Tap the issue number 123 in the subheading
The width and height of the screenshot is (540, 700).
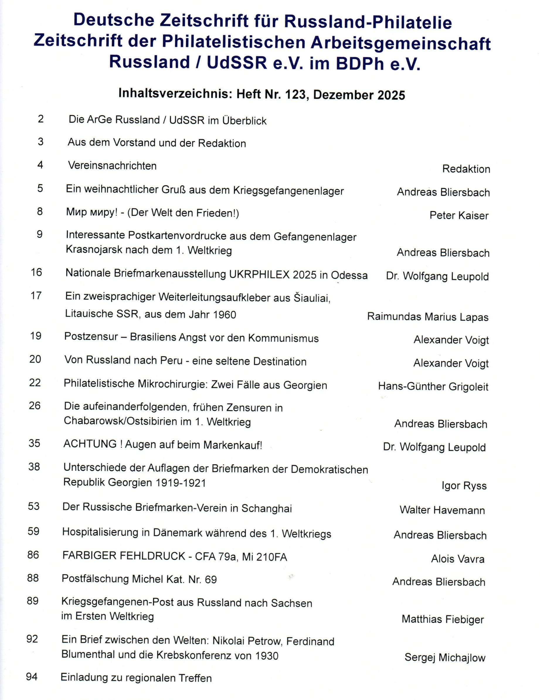pyautogui.click(x=292, y=95)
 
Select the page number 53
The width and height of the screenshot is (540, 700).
pyautogui.click(x=34, y=506)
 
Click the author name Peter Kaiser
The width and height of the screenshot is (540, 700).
pyautogui.click(x=459, y=215)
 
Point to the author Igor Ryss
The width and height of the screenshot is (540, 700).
pyautogui.click(x=464, y=486)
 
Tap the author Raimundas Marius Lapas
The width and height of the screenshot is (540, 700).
pyautogui.click(x=428, y=317)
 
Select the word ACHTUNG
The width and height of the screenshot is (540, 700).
pyautogui.click(x=90, y=444)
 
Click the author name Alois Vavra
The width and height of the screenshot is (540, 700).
pyautogui.click(x=458, y=559)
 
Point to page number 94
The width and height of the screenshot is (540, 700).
pyautogui.click(x=32, y=677)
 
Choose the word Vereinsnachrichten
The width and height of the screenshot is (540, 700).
pyautogui.click(x=112, y=166)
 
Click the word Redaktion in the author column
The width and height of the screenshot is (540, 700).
pyautogui.click(x=466, y=169)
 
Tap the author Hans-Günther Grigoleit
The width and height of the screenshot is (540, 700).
pyautogui.click(x=433, y=387)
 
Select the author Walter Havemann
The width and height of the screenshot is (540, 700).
pyautogui.click(x=442, y=510)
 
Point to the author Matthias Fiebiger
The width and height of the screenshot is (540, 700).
pyautogui.click(x=442, y=619)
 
